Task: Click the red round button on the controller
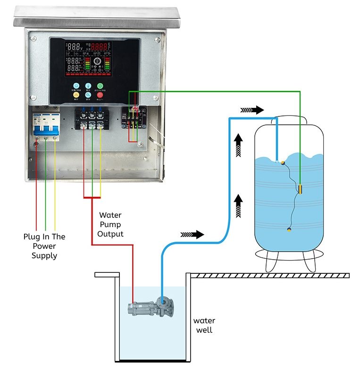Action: click(x=100, y=95)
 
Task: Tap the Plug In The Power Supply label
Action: click(x=44, y=246)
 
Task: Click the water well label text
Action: click(x=204, y=325)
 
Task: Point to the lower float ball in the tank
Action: click(x=289, y=230)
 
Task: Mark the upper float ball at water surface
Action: click(x=283, y=163)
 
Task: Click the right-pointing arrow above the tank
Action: click(x=251, y=110)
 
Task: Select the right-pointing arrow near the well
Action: click(x=192, y=234)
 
